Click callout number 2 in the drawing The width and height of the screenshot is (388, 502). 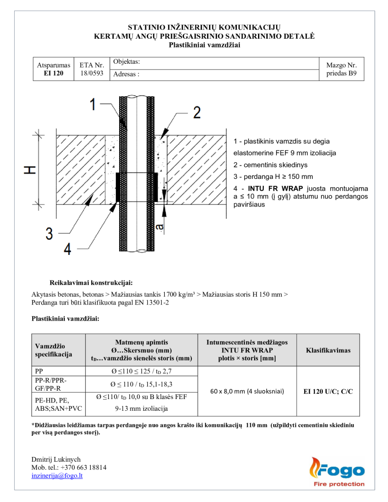(196, 112)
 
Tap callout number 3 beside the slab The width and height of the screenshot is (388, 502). (49, 233)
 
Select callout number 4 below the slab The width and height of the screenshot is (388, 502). (67, 249)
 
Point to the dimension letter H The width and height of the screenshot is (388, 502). (30, 170)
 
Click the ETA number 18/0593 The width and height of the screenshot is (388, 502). (92, 73)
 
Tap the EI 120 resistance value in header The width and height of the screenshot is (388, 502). (53, 73)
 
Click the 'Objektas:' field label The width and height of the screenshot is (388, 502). (127, 62)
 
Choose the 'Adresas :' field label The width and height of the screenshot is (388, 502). (126, 75)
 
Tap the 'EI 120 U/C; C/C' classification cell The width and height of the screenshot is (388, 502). (328, 391)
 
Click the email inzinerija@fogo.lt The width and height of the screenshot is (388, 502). (57, 476)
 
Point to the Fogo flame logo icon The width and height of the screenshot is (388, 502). (314, 469)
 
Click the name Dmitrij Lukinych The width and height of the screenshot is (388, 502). (56, 459)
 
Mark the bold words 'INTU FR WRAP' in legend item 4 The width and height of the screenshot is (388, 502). (275, 189)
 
